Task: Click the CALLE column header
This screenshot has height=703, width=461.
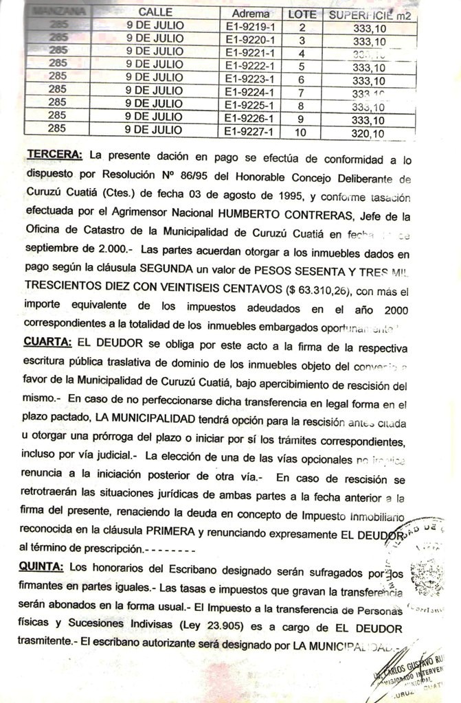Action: (155, 13)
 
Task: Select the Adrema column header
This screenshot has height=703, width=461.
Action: (251, 14)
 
